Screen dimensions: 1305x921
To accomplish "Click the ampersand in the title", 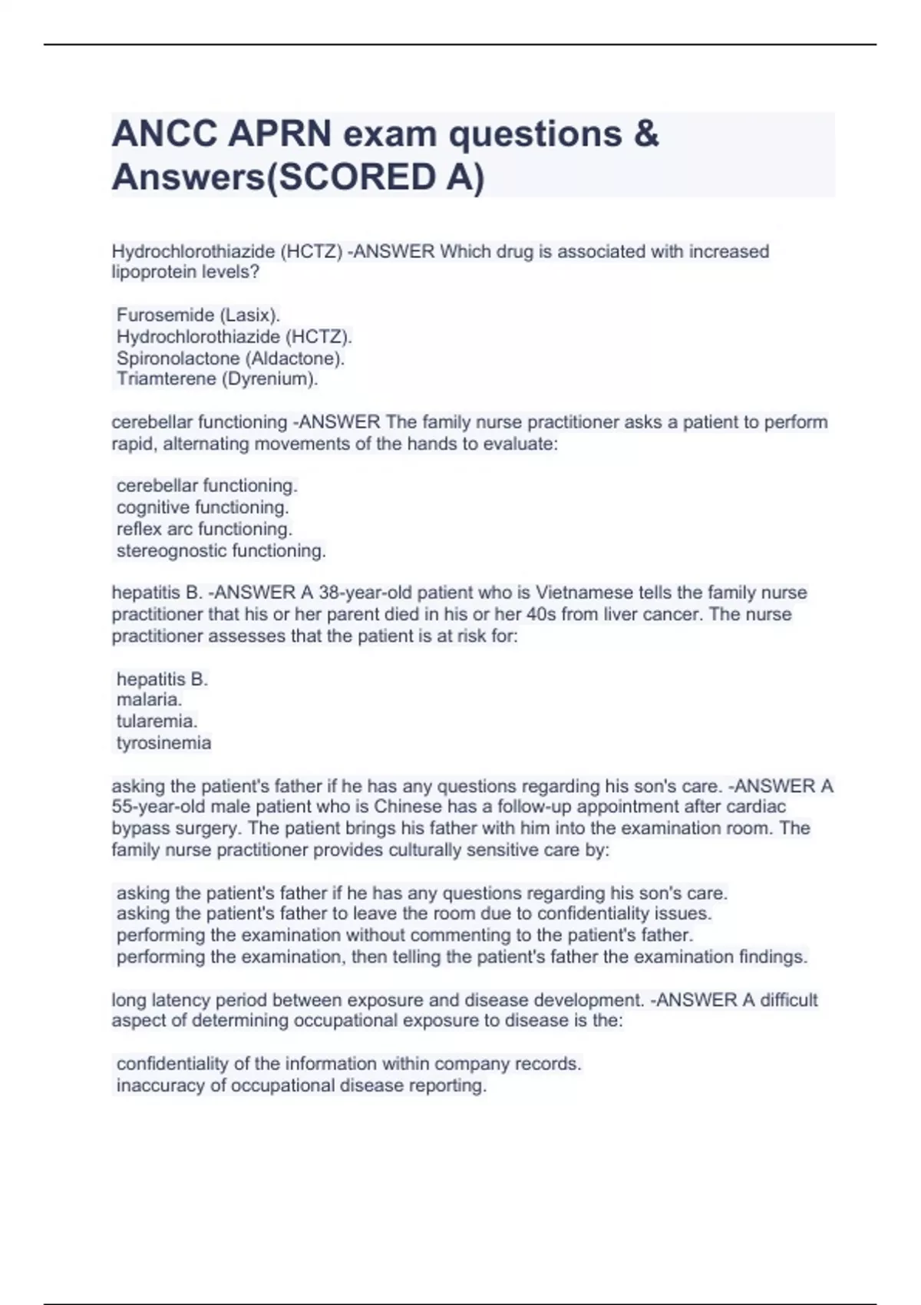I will (646, 134).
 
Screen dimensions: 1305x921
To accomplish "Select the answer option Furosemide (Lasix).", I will (198, 315).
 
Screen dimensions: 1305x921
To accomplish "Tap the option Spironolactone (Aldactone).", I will (230, 358).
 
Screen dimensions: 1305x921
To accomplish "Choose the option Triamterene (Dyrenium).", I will (217, 378).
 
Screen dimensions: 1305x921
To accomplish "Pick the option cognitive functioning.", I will (203, 507).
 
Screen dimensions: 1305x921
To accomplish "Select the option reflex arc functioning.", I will (204, 529).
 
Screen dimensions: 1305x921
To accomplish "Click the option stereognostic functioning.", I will (221, 550).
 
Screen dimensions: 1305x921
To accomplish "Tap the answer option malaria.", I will (149, 699).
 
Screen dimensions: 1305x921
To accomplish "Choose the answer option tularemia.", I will (157, 721).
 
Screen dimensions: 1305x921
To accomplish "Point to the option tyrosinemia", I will (163, 742).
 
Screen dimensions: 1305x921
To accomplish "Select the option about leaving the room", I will (414, 914).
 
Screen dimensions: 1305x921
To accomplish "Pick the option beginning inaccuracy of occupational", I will (301, 1085).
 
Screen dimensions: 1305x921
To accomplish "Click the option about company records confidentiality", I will (348, 1064).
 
